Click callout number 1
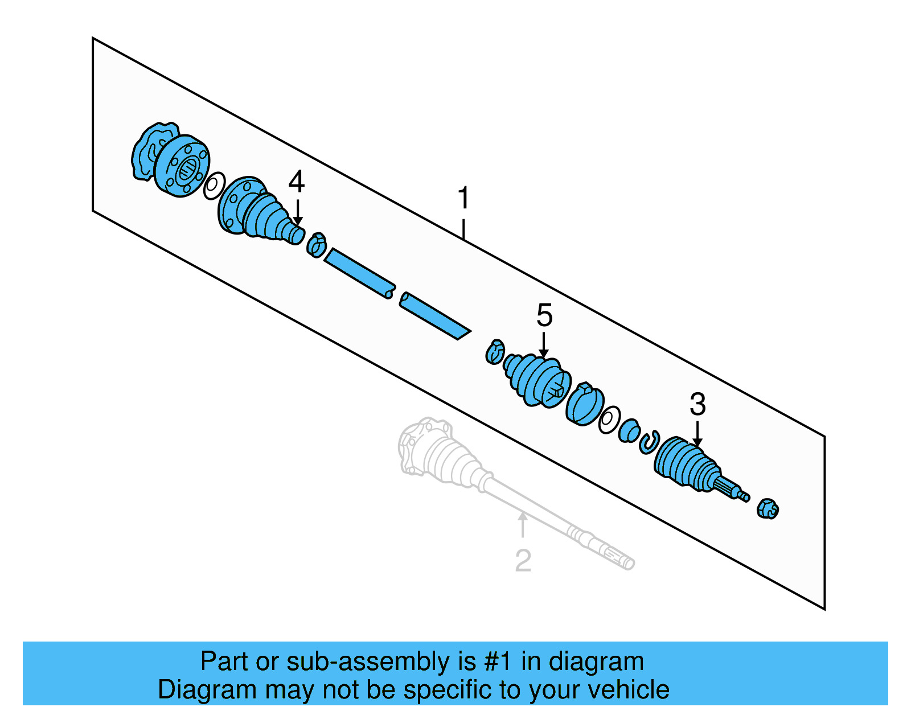click(x=463, y=198)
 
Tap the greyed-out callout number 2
click(x=523, y=560)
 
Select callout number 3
click(x=697, y=405)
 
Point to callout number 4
click(x=297, y=182)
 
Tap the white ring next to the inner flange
click(x=214, y=185)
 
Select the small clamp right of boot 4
click(x=317, y=245)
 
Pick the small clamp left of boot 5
click(x=495, y=352)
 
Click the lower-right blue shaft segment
click(x=434, y=316)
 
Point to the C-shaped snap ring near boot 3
click(x=649, y=442)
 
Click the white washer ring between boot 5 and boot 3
click(x=609, y=420)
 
